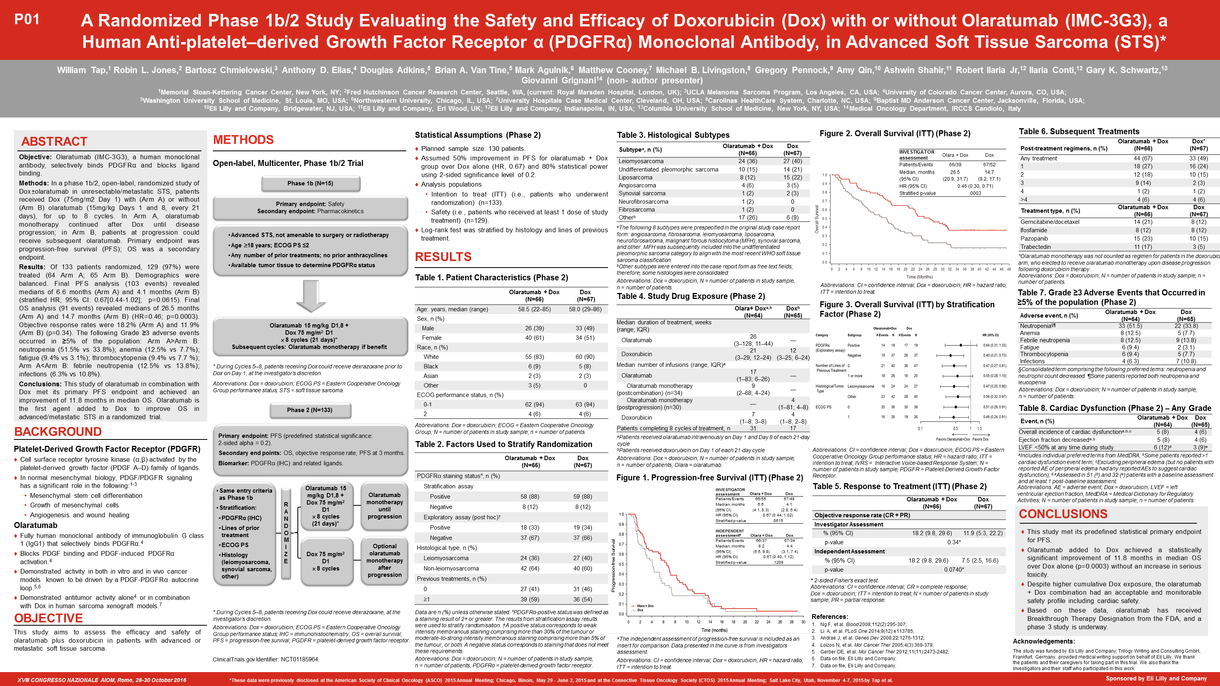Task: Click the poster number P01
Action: coord(27,19)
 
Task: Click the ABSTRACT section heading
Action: coord(54,142)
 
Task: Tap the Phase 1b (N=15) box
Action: coord(310,183)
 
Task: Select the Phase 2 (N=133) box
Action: coord(310,410)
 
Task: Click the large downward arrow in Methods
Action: coord(311,296)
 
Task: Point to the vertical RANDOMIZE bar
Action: coord(286,533)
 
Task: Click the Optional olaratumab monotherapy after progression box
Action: coord(384,561)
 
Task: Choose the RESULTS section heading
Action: coord(443,257)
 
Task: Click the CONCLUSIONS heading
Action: coord(1063,514)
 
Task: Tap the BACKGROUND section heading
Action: coord(58,432)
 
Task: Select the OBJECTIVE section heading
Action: coord(48,618)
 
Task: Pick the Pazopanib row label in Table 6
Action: coord(1034,239)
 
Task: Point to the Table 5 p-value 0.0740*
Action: coord(954,570)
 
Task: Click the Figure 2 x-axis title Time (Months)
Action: coord(919,277)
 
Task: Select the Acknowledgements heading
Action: coord(1043,642)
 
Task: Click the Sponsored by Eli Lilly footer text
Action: coord(1156,678)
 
